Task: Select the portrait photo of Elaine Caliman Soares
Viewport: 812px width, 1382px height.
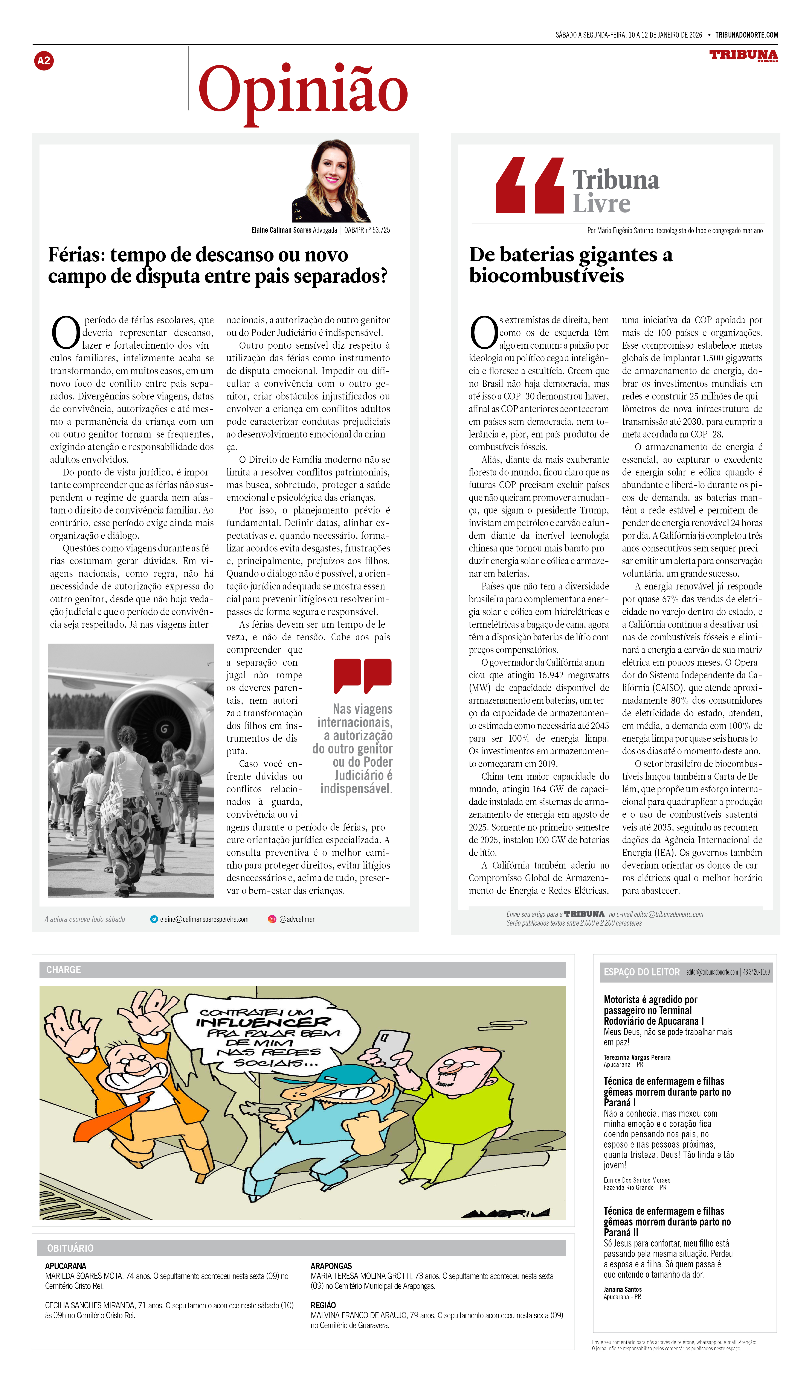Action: point(331,181)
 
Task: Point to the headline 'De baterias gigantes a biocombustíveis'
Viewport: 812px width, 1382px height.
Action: point(571,265)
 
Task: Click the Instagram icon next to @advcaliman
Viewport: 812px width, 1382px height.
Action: point(272,919)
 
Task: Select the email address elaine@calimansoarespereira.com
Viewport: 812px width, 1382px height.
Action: point(204,919)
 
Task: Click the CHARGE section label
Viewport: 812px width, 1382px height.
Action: point(64,970)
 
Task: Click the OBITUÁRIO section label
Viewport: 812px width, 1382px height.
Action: point(70,1248)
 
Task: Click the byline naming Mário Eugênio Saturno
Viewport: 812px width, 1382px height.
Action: point(675,230)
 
